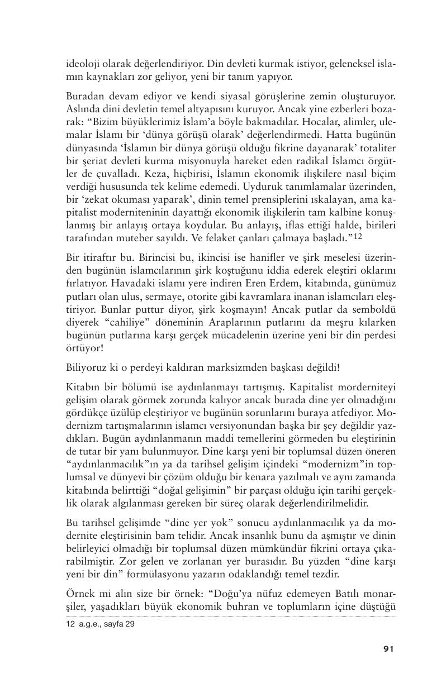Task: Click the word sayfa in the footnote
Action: (110, 624)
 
